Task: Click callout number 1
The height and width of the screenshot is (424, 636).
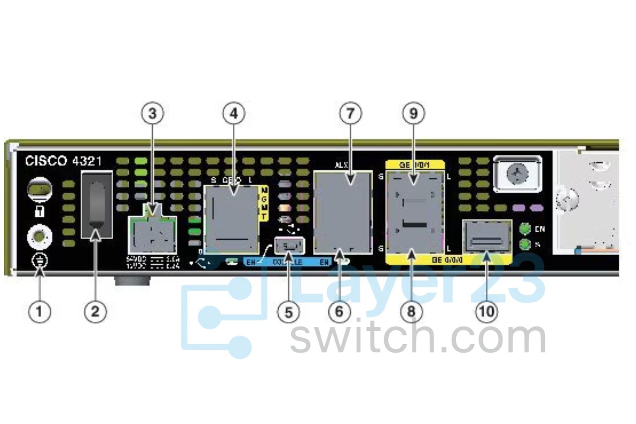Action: (39, 312)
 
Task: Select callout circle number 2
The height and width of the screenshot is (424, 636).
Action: (95, 312)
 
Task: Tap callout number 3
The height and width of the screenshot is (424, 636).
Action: (153, 113)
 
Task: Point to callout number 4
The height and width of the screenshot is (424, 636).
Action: (234, 113)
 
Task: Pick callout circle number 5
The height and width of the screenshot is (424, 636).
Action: (288, 312)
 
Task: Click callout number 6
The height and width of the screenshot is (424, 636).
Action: (339, 312)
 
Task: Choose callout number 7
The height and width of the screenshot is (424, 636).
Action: (351, 113)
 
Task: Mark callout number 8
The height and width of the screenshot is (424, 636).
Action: (411, 312)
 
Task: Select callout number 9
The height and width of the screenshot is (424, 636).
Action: (413, 113)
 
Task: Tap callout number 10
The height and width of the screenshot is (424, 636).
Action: (486, 312)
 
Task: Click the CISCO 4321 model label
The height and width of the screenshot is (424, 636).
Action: (63, 161)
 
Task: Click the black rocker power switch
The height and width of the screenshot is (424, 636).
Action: (97, 205)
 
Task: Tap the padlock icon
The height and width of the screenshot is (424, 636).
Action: (40, 211)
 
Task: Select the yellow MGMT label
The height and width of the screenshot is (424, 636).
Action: (264, 204)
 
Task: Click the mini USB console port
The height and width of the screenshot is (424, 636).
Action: (290, 245)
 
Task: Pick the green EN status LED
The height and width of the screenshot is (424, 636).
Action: (525, 229)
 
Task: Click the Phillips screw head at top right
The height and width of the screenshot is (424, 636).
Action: (518, 173)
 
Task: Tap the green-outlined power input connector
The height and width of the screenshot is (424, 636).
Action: (152, 235)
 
